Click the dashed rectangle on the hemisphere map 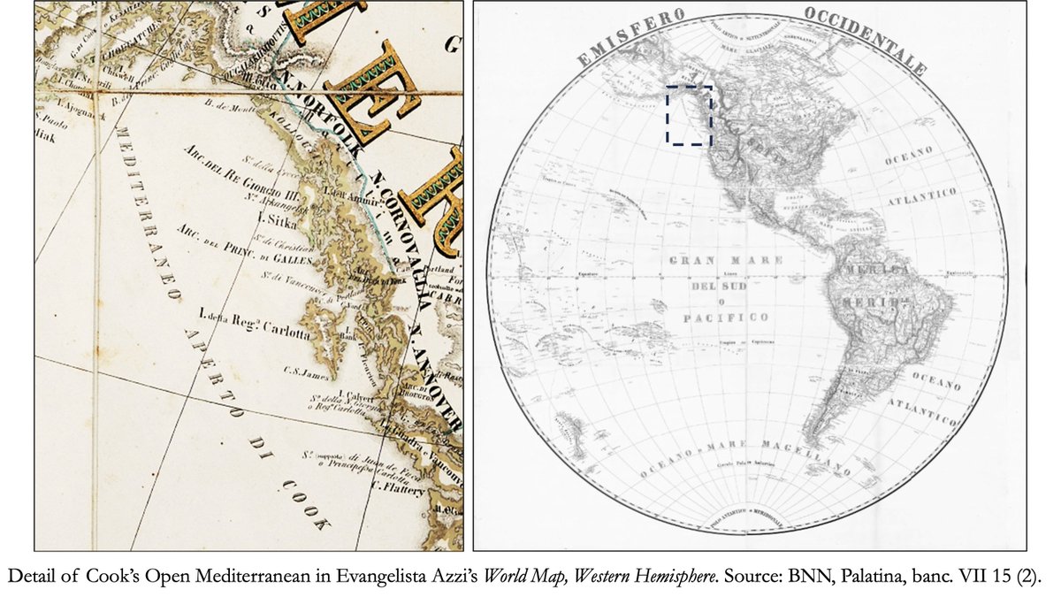689,115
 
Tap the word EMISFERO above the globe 630,39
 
